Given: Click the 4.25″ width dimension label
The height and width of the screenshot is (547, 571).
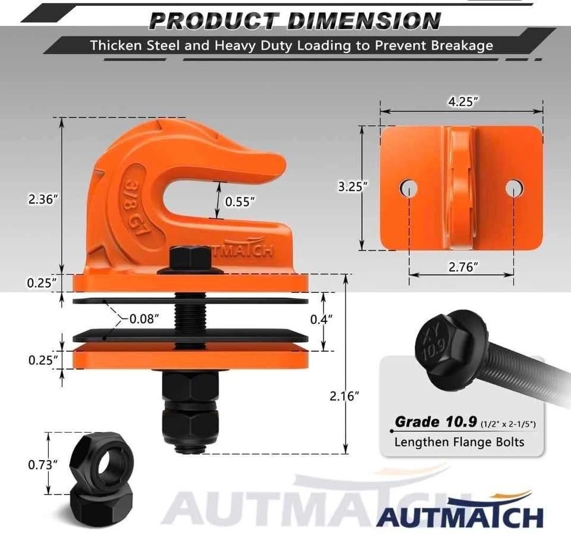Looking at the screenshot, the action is click(463, 102).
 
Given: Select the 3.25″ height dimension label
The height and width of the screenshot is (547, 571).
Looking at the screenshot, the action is click(353, 186).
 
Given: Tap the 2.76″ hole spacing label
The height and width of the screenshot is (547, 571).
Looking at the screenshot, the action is click(463, 267).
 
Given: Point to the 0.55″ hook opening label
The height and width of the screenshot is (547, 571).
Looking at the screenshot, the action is click(240, 202).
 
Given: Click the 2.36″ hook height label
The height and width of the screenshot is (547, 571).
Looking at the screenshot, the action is click(43, 199).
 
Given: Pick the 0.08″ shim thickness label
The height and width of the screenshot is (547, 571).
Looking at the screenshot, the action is click(145, 319).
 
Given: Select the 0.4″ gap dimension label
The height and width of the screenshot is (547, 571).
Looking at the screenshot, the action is click(321, 320).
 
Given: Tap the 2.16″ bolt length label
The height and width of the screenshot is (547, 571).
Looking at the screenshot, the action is click(344, 396).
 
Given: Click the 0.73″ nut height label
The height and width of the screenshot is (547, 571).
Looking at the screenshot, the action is click(43, 465).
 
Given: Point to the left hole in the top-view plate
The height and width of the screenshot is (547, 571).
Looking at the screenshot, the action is click(408, 189).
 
